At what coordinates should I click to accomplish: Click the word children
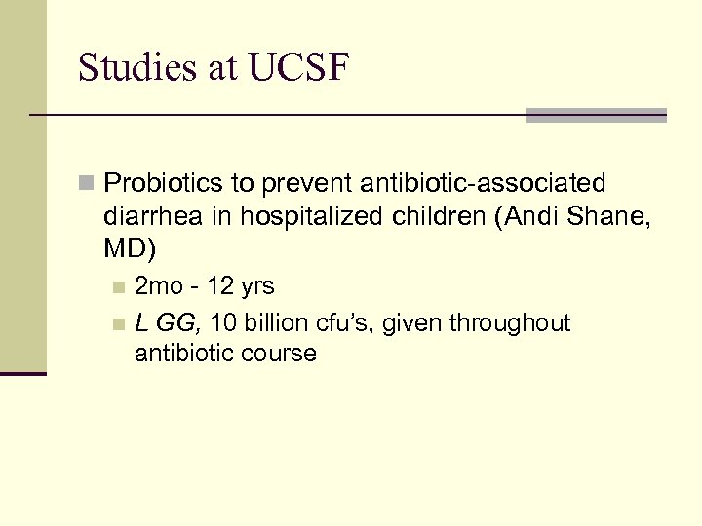442,216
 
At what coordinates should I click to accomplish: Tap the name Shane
606,216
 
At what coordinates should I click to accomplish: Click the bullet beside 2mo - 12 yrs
118,287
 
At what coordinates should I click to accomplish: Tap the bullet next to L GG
118,323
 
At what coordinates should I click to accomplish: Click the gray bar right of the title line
596,115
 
